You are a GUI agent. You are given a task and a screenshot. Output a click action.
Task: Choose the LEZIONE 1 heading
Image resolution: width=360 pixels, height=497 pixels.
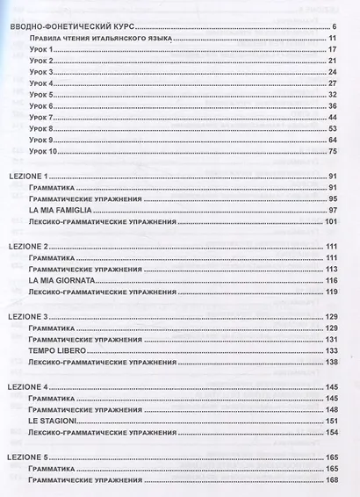pyautogui.click(x=31, y=176)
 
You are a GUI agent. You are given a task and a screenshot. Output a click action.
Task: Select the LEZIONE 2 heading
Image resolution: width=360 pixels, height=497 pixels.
pyautogui.click(x=31, y=246)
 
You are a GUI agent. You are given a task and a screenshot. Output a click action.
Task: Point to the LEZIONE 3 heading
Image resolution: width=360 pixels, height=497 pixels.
pyautogui.click(x=31, y=314)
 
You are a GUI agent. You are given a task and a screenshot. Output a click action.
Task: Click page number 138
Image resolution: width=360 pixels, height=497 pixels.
pyautogui.click(x=331, y=360)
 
